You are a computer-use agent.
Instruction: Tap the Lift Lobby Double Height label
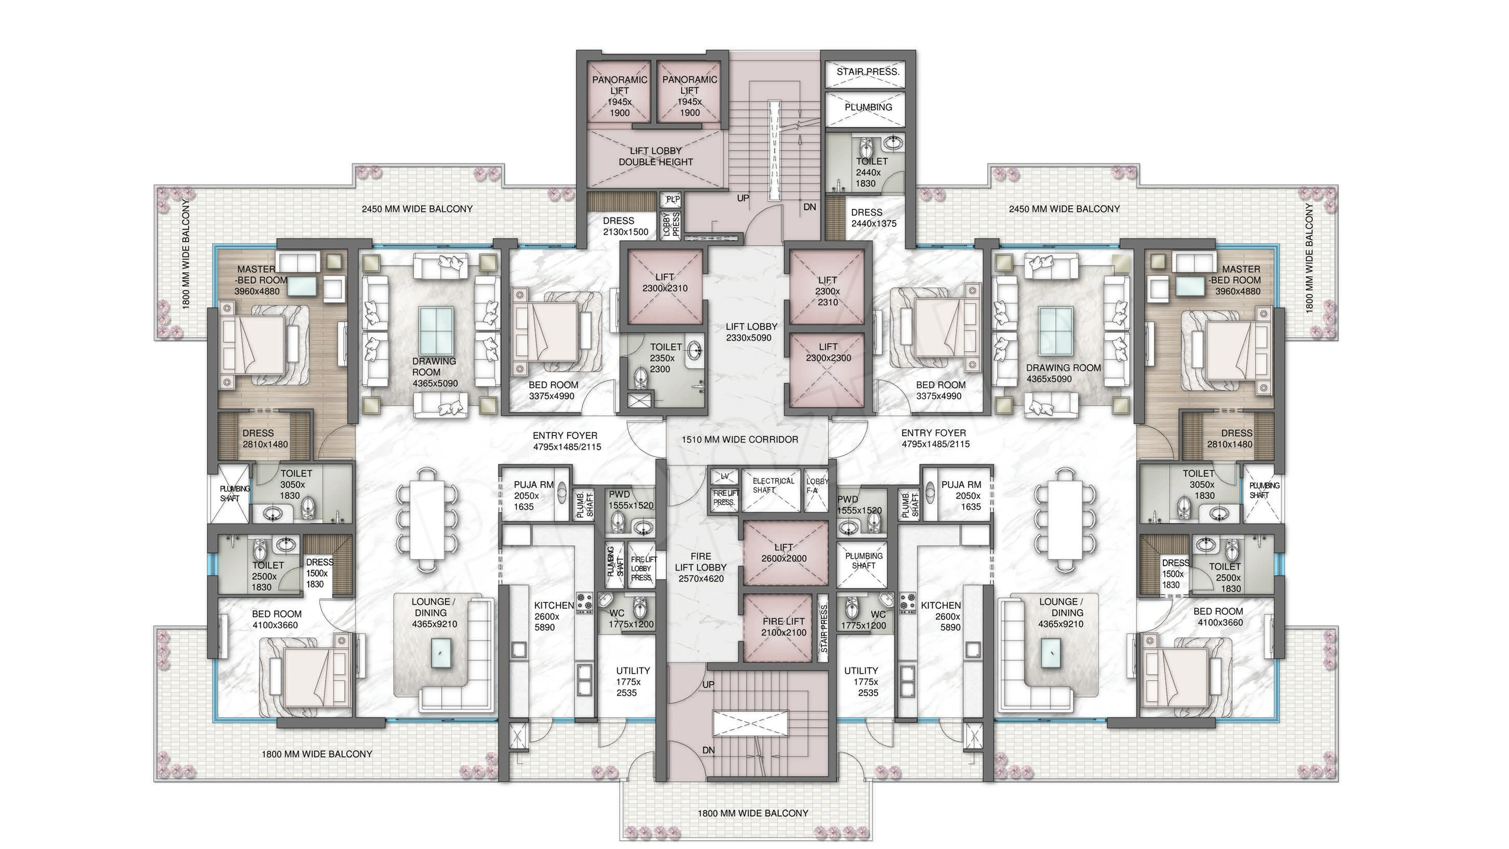click(655, 156)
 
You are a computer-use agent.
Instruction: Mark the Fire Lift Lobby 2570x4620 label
click(701, 567)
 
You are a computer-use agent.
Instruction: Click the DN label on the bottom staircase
click(708, 750)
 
